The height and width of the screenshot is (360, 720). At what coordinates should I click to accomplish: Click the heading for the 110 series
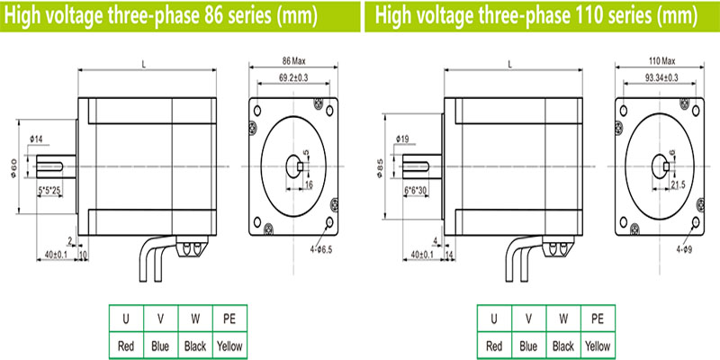click(x=538, y=15)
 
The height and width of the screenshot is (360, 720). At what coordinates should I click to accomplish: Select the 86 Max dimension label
click(x=293, y=59)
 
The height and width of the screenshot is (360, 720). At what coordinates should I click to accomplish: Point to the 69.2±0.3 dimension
click(x=293, y=80)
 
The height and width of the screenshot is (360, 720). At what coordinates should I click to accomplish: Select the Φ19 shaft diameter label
click(x=403, y=139)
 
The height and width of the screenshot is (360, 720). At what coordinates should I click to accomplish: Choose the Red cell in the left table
click(x=126, y=346)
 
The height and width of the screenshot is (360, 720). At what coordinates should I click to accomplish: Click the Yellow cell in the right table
click(x=598, y=346)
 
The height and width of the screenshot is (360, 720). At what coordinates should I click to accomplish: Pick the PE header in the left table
click(x=229, y=319)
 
